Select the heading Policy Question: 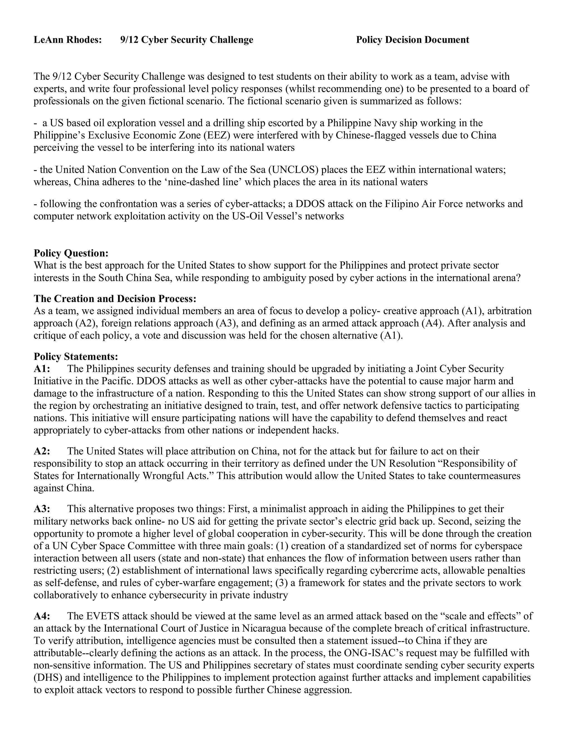71,253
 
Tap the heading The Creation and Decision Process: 115,299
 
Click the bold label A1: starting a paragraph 42,369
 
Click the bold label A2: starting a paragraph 42,451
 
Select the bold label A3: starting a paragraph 42,509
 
